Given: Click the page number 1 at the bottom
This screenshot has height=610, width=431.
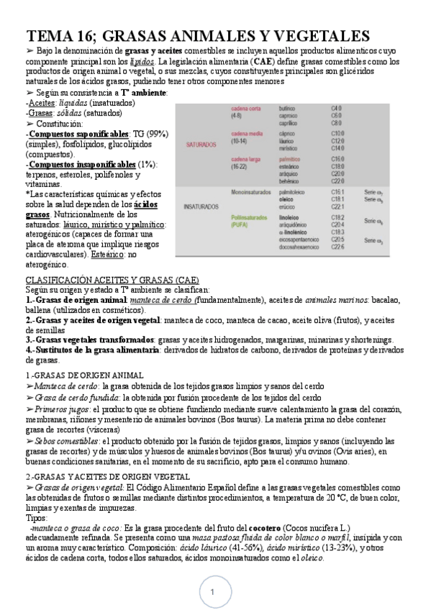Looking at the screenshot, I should [213, 591].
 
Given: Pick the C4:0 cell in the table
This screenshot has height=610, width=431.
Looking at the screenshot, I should [336, 108].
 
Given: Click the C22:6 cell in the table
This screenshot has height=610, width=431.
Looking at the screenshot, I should [337, 247].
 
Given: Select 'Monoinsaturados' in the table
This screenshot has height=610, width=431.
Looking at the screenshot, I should [253, 193].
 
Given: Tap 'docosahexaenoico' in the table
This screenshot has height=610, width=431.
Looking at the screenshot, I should [300, 247].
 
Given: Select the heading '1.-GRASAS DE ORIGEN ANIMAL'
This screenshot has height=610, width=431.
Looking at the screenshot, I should [85, 375].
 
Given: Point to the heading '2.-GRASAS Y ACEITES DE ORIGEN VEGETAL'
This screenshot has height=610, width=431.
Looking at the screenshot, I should [108, 476].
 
